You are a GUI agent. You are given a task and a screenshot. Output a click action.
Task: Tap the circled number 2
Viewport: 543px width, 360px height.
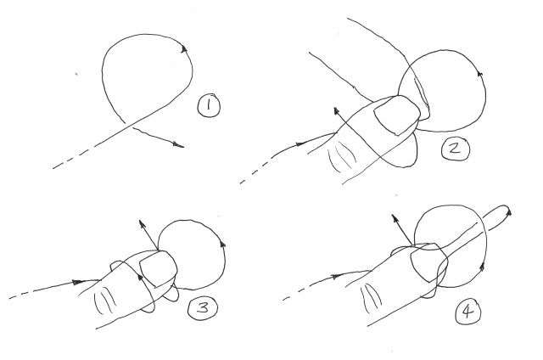point(455,149)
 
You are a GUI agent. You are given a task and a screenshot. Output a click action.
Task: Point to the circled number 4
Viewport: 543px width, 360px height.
point(467,312)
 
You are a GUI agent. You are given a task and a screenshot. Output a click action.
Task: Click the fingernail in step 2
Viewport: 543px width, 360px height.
point(397,115)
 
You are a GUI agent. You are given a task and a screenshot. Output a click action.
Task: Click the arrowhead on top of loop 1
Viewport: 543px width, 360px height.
point(184,49)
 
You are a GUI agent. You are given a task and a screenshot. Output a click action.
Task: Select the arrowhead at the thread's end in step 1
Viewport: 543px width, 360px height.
point(179,145)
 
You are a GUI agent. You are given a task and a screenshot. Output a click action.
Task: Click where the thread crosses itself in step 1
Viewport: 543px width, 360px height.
point(127,124)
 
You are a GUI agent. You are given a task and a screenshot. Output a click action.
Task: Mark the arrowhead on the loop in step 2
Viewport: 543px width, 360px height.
point(480,74)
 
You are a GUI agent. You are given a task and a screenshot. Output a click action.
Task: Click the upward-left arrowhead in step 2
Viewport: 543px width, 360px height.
point(337,111)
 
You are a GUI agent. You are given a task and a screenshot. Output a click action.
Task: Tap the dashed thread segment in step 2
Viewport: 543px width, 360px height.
point(255,172)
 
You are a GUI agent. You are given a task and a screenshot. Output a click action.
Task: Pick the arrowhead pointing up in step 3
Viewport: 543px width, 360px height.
point(141,224)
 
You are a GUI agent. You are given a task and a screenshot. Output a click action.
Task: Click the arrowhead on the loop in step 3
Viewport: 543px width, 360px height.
point(222,245)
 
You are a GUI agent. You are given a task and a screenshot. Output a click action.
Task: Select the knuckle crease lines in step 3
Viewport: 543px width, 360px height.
point(105,301)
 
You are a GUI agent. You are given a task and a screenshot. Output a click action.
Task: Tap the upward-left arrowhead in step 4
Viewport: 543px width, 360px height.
point(395,218)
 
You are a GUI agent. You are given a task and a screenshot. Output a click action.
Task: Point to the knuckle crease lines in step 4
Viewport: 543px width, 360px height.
point(371,296)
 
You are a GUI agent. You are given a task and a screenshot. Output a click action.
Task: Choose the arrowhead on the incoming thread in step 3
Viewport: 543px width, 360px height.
point(77,283)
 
